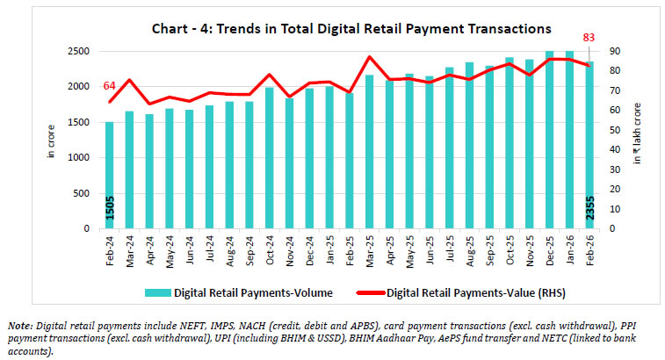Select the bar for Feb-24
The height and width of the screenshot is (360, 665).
tap(110, 175)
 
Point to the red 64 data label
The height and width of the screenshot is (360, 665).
tap(110, 85)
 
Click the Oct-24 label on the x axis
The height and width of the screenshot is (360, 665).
tap(270, 247)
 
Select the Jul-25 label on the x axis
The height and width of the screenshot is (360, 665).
tap(449, 247)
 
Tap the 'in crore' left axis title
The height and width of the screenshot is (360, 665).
tap(51, 140)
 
